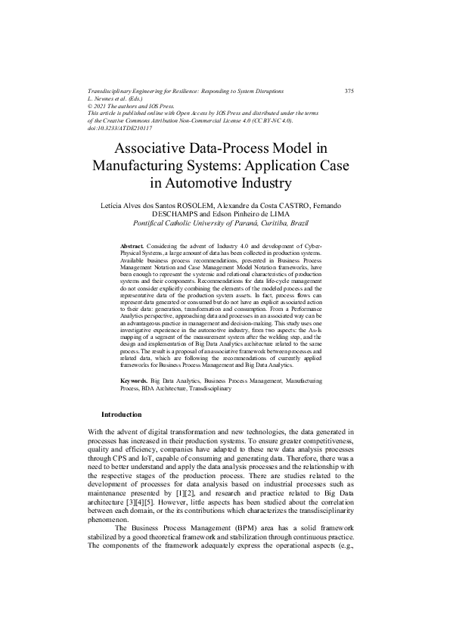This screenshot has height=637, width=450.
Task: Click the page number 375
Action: click(349, 91)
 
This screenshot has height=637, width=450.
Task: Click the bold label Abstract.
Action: click(133, 247)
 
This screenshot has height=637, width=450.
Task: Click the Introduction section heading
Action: click(121, 415)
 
